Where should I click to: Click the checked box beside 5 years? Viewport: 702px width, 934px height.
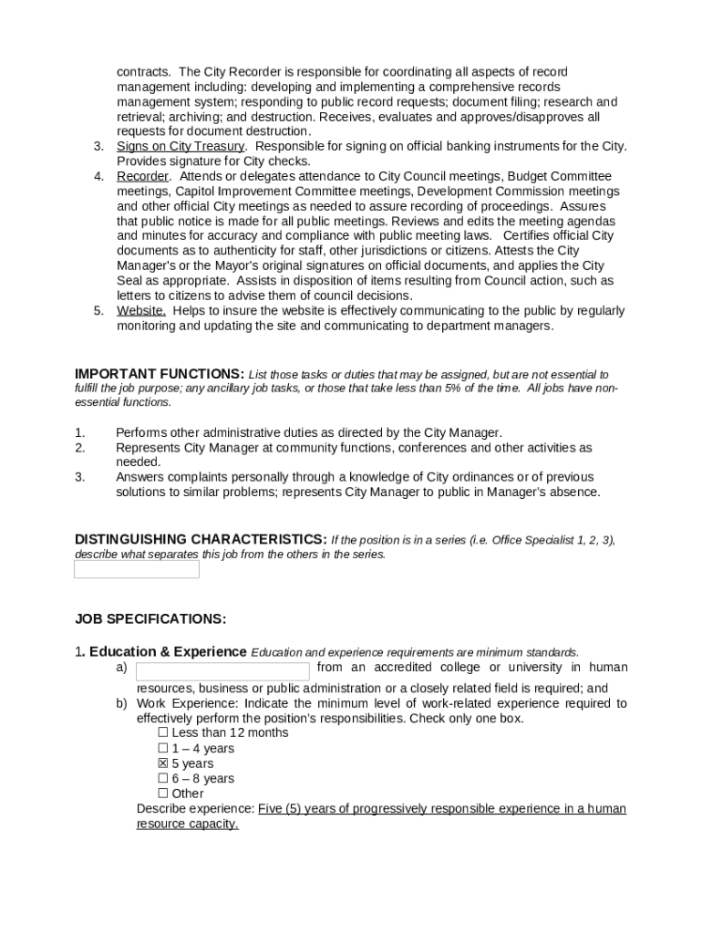(163, 763)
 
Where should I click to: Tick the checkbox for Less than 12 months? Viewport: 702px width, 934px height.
(163, 732)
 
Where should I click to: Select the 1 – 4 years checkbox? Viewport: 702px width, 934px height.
(163, 748)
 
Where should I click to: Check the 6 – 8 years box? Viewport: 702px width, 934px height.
(163, 778)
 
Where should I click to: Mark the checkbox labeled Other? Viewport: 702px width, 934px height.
(163, 794)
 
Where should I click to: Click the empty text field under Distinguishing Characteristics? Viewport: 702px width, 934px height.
(136, 569)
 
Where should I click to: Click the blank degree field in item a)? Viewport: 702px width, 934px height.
(222, 671)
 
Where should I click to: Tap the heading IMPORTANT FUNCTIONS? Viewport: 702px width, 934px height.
(160, 374)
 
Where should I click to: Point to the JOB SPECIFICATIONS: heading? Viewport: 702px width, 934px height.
(150, 618)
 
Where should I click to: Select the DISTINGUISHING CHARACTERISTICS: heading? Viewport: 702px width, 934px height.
(201, 539)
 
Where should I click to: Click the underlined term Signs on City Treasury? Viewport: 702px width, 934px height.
(181, 146)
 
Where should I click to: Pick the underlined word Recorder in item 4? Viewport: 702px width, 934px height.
(142, 176)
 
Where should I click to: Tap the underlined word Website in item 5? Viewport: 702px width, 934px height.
(140, 311)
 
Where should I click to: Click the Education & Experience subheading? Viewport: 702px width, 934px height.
(168, 652)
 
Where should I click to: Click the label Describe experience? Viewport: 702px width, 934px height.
(195, 809)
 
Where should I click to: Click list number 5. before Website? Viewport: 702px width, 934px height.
(98, 311)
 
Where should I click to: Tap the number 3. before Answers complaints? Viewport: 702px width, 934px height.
(80, 477)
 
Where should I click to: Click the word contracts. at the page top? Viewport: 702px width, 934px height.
(144, 72)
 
